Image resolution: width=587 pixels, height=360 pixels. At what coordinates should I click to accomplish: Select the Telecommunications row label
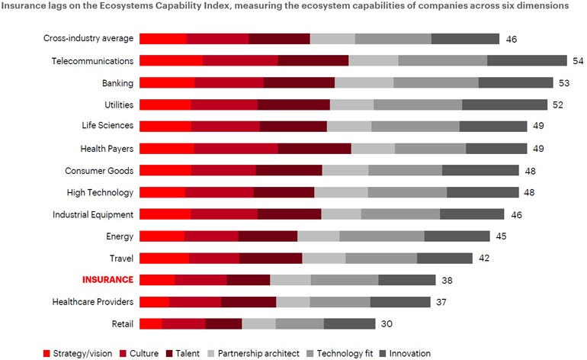[x=92, y=61]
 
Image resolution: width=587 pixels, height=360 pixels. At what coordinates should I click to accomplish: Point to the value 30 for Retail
[x=387, y=323]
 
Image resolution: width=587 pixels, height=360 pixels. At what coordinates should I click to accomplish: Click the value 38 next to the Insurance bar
[x=447, y=280]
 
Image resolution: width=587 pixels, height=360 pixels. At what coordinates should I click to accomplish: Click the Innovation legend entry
[x=409, y=353]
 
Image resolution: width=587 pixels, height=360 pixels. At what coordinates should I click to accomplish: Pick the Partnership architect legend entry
[x=258, y=353]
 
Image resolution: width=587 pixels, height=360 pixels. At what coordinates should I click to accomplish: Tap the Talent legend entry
[x=186, y=353]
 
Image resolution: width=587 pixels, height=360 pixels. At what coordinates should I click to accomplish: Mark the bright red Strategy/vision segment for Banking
[x=167, y=82]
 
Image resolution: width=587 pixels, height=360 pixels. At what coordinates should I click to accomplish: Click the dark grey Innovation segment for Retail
[x=349, y=323]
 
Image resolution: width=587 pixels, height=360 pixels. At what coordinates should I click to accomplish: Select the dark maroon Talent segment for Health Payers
[x=309, y=149]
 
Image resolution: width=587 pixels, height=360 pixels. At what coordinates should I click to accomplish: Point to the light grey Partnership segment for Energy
[x=318, y=236]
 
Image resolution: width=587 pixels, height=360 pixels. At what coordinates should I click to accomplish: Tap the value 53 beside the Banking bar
[x=564, y=82]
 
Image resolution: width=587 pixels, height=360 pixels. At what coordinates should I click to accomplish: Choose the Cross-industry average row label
[x=88, y=39]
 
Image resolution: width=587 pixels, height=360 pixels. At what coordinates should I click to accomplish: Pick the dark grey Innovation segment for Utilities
[x=504, y=104]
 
